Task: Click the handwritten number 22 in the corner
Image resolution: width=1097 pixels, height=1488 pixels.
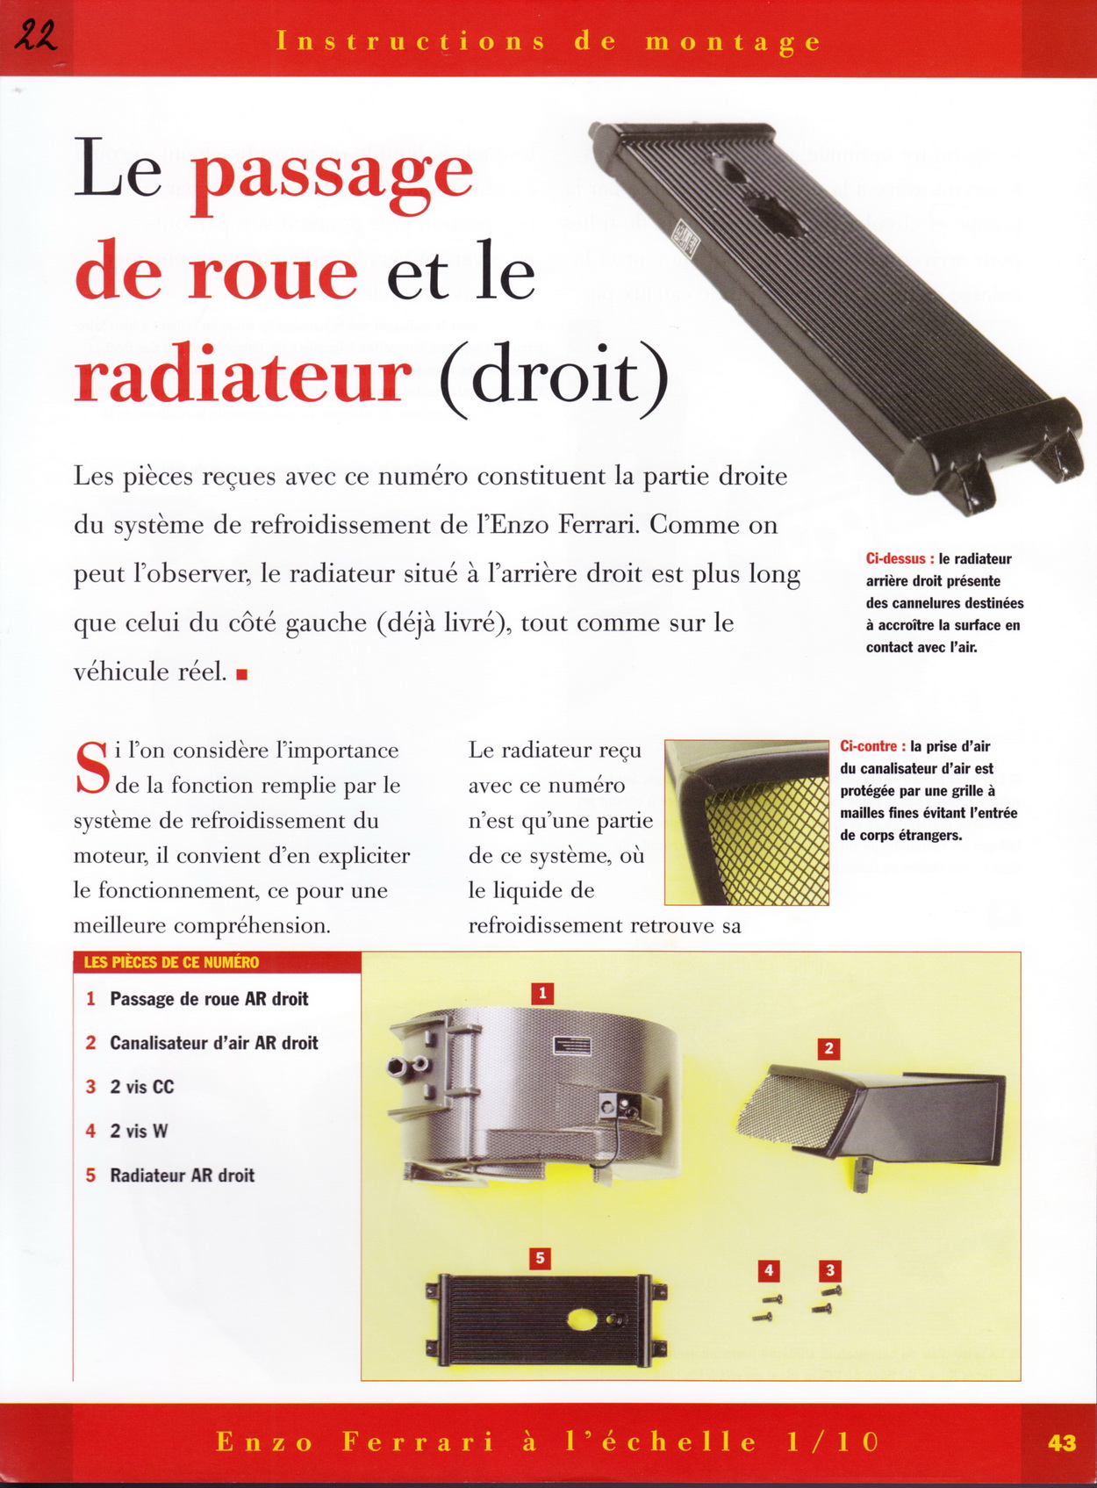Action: pos(36,36)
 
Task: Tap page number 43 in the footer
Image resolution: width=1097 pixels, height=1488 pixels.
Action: pos(1061,1442)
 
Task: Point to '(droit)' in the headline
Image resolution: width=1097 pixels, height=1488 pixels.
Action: pos(554,377)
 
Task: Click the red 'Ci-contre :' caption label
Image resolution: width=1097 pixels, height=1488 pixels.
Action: pos(872,746)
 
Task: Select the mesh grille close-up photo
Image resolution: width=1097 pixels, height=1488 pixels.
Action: pos(747,823)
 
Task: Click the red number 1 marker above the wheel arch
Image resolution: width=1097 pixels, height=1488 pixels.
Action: pos(542,993)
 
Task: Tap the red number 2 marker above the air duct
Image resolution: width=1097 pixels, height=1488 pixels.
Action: pos(828,1048)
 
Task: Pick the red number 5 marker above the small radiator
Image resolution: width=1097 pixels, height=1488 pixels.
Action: pos(540,1258)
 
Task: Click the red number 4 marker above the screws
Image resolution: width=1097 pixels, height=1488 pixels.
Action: pos(769,1269)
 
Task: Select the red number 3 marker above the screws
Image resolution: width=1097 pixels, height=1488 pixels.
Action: pos(829,1269)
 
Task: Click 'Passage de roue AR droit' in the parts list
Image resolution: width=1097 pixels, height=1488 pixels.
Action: pos(209,999)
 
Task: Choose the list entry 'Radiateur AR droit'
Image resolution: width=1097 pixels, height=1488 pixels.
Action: pos(182,1175)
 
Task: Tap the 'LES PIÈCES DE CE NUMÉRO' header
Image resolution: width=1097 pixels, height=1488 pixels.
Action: pos(171,962)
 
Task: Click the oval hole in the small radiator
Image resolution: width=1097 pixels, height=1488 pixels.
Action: pos(582,1319)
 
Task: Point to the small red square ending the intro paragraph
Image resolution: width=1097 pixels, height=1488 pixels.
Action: pos(242,674)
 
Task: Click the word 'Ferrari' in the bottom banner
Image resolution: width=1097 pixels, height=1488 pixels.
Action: pos(418,1442)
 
